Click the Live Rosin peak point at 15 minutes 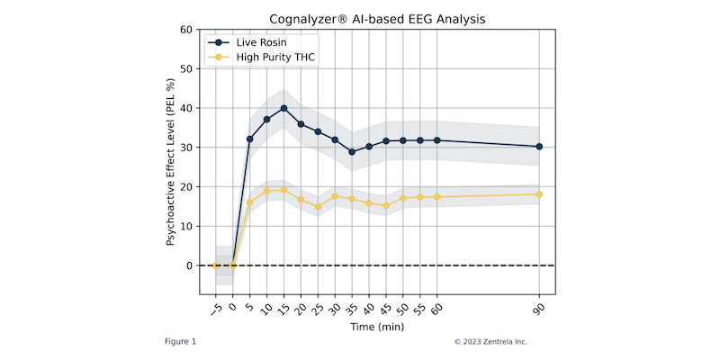[x=283, y=108]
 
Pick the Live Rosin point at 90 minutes [x=539, y=147]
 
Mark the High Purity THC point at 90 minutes [x=539, y=194]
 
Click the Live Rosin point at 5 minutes [x=250, y=139]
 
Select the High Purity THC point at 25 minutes [x=318, y=207]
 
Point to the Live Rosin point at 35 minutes [x=352, y=152]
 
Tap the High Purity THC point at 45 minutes [x=386, y=206]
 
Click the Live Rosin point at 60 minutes [x=437, y=140]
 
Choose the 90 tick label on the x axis [x=538, y=307]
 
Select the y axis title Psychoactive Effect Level [x=170, y=162]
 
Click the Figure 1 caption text [x=180, y=342]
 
